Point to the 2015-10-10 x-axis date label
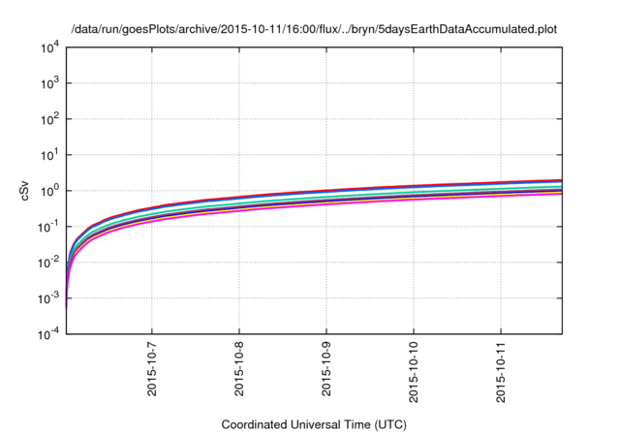414,371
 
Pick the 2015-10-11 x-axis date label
501,371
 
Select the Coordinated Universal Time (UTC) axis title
311,424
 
